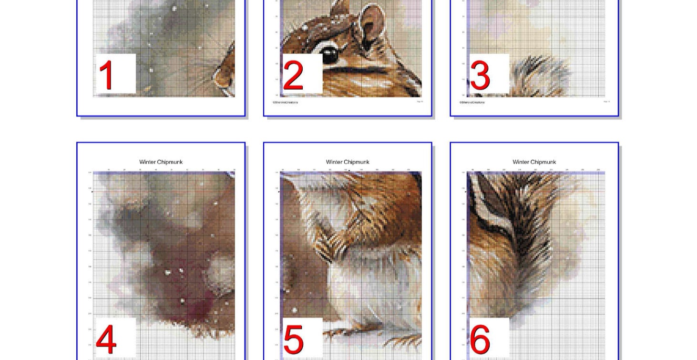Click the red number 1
[106, 75]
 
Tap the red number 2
[293, 75]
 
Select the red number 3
[480, 75]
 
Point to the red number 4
[106, 339]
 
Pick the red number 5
[293, 339]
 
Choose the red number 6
[479, 339]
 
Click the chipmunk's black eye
[330, 54]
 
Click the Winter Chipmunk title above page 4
[161, 162]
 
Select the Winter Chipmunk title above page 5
[348, 162]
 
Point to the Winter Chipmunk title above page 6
[534, 162]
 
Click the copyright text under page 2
[285, 103]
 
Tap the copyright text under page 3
[472, 103]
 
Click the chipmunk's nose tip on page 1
[217, 76]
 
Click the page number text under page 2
[420, 102]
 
